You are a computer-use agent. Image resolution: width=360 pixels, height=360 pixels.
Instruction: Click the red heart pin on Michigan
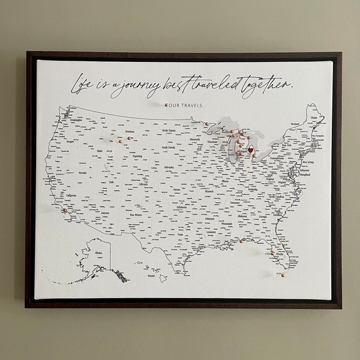pos(242,146)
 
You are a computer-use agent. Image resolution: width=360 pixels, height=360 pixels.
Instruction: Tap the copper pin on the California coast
pos(64,211)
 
